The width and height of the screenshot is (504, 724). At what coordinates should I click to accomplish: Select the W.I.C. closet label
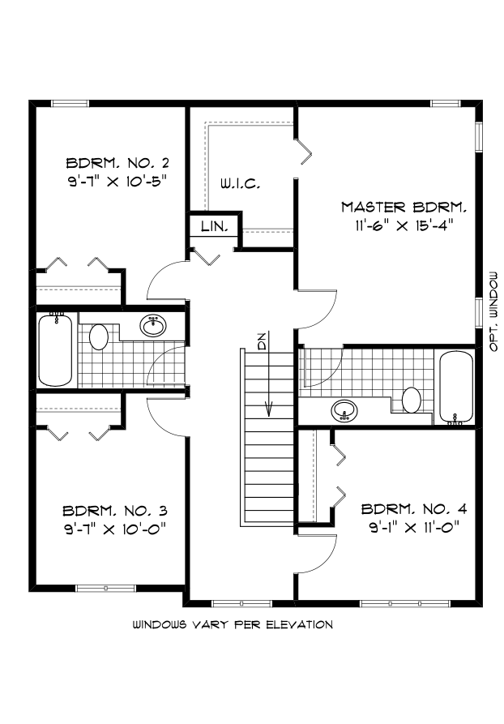pos(240,184)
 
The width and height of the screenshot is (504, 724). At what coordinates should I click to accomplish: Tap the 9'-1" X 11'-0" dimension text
pos(414,528)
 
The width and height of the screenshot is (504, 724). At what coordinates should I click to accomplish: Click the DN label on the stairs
pos(262,342)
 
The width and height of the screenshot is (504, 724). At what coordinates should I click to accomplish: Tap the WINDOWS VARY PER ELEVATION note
pos(233,625)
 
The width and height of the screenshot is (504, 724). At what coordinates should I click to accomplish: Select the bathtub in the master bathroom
pos(455,388)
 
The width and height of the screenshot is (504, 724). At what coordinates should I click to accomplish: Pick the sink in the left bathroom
pos(152,326)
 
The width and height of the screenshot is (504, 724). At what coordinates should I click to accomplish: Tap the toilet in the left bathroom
pos(100,336)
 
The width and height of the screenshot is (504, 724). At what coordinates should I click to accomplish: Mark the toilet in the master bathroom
pos(412,400)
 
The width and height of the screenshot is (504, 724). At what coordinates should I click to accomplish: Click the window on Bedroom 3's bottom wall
pos(104,587)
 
